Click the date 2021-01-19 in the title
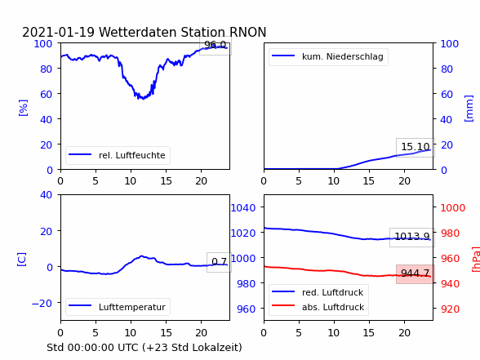58,32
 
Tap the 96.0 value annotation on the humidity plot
216,46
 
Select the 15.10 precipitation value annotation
416,147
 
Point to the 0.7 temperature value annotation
219,262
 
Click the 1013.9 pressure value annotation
412,237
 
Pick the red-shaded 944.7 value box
416,273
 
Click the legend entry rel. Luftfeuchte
132,155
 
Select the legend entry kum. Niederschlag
343,56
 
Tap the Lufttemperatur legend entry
132,307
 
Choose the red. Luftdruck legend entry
332,292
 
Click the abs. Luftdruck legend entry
333,307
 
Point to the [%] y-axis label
23,108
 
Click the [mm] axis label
469,109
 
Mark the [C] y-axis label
22,260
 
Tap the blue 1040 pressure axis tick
243,208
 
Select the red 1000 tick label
453,208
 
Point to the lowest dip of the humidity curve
143,99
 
